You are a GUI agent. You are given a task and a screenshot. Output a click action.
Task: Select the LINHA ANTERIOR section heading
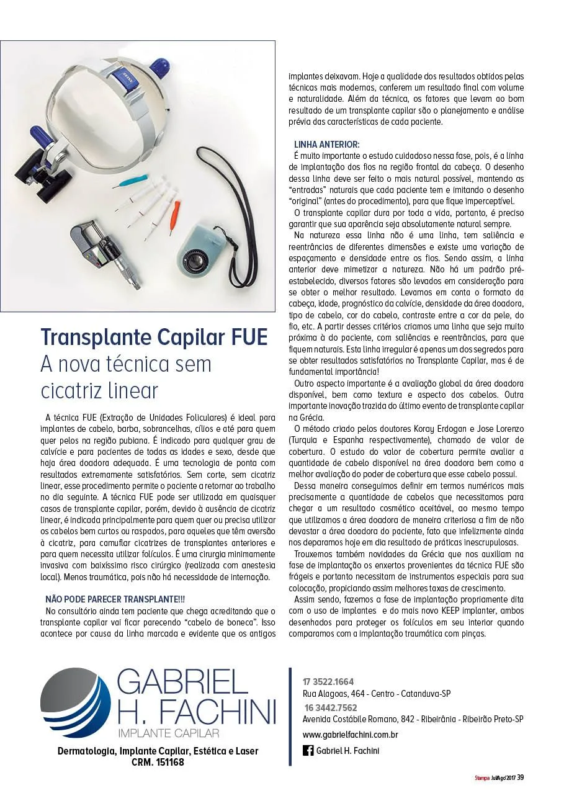click(x=326, y=144)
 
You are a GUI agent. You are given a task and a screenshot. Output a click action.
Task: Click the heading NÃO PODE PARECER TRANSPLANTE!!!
click(x=115, y=599)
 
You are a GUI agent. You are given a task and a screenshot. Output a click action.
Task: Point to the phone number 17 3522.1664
click(x=328, y=681)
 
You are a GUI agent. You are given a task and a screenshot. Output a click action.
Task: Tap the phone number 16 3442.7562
click(x=330, y=707)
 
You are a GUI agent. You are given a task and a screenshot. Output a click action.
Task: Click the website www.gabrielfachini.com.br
click(x=350, y=735)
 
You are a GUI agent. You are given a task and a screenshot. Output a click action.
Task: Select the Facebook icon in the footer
click(x=308, y=751)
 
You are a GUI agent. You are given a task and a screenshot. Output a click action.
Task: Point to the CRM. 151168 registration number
click(x=158, y=762)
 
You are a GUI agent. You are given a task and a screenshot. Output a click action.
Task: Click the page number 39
click(x=521, y=777)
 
